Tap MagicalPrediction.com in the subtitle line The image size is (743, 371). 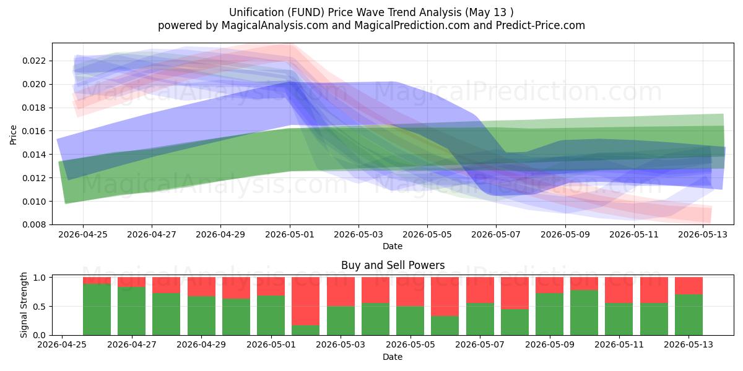coord(412,25)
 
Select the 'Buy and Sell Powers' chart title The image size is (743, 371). coord(393,265)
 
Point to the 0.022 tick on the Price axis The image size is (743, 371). coord(34,61)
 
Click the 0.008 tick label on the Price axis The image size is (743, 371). coord(34,224)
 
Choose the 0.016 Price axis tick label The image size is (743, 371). coord(34,131)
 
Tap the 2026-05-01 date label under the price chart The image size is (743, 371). coord(290,234)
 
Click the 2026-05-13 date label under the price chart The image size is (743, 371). coord(703,234)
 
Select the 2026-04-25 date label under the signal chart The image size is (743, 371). coord(62,344)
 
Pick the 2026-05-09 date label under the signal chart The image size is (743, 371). coord(550,344)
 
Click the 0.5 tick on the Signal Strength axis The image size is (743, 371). coord(40,307)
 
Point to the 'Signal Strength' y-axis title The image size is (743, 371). coord(24,305)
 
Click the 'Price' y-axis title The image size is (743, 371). coord(13,135)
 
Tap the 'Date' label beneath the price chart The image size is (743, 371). coord(393,246)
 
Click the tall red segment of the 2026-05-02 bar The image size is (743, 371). coord(305,301)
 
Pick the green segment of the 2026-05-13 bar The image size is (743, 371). coord(689,315)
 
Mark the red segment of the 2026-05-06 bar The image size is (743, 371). coord(445,296)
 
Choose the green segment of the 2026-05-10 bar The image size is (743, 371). coord(584,313)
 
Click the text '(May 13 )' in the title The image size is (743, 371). coord(489,12)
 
